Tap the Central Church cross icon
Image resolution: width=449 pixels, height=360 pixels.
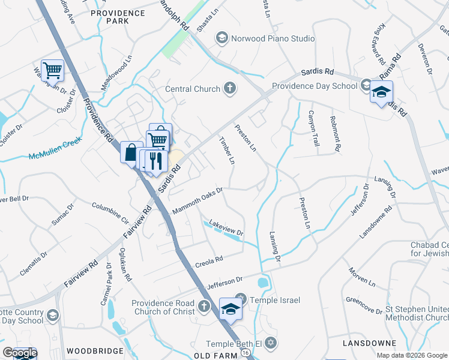click(229, 89)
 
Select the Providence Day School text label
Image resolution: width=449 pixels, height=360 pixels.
click(315, 86)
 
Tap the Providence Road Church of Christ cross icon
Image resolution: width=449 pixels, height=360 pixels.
click(203, 307)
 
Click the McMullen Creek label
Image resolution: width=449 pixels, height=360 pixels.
click(55, 157)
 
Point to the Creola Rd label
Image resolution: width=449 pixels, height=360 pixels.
click(209, 262)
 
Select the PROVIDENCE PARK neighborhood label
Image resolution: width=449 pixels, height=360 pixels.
click(109, 16)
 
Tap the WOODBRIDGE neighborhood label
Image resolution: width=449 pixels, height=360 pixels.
click(94, 350)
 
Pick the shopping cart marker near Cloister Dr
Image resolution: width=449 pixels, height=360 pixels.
click(52, 71)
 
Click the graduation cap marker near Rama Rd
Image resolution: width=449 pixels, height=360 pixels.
click(381, 92)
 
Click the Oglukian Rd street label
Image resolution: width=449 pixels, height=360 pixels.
click(125, 265)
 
